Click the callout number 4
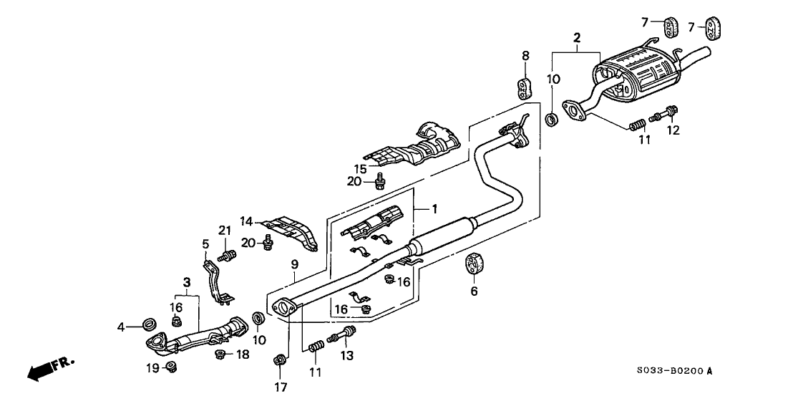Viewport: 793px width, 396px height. tap(121, 327)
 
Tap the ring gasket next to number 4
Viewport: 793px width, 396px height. tap(150, 323)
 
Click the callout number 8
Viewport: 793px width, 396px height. tap(525, 56)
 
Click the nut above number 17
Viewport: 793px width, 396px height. tap(278, 360)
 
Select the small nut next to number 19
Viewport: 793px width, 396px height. tap(171, 367)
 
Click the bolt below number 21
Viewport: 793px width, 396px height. tap(227, 256)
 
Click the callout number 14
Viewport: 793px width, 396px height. tap(246, 221)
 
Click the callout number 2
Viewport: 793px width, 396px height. tap(577, 37)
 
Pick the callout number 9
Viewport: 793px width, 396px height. tap(294, 264)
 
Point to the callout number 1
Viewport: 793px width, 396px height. tap(434, 208)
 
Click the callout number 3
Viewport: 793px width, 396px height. tap(187, 281)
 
